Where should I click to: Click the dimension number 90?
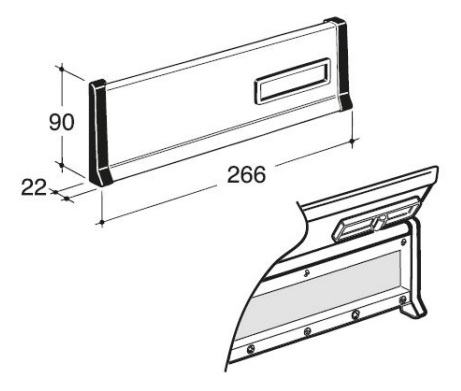click(61, 122)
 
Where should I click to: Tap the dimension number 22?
click(34, 187)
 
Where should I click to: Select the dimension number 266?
click(246, 174)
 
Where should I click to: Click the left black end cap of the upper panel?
click(99, 132)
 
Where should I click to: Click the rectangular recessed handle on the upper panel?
click(292, 81)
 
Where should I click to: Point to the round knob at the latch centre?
click(381, 220)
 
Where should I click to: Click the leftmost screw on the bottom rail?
click(250, 349)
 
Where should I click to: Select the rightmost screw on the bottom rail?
click(403, 299)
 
